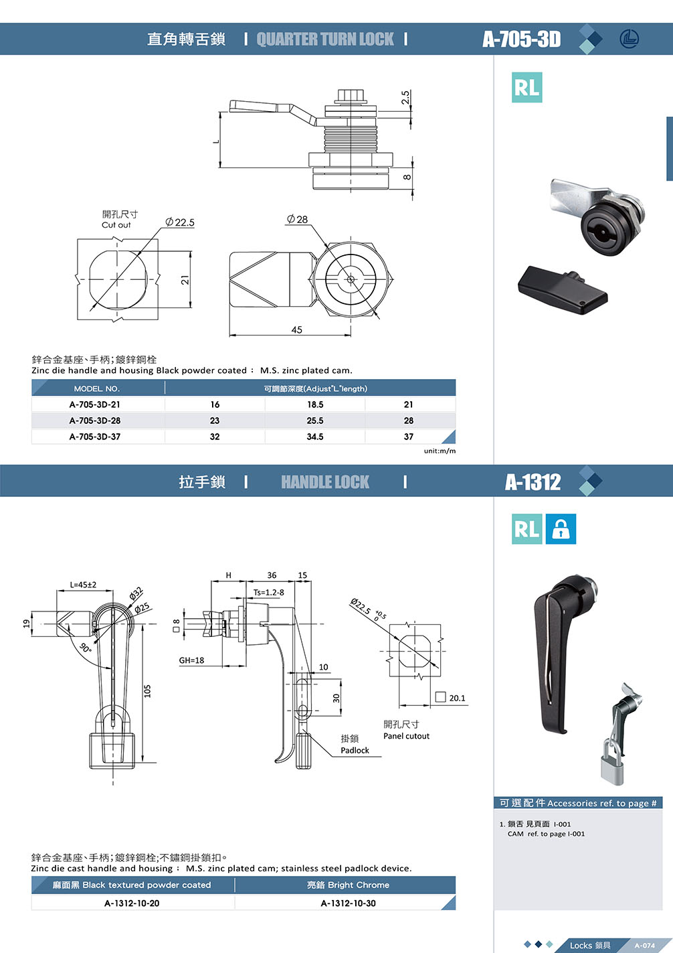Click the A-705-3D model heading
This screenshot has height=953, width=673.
tap(521, 39)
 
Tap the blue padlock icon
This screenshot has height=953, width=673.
tap(561, 529)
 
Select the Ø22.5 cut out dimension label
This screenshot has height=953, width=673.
tap(180, 222)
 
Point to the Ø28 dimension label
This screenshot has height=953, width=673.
tap(297, 219)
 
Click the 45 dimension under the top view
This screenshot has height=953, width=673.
tap(296, 329)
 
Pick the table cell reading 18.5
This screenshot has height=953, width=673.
tap(315, 405)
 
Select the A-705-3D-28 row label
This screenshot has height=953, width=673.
tap(95, 421)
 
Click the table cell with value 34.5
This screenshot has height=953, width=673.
tap(315, 437)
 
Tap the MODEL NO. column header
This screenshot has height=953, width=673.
tap(97, 388)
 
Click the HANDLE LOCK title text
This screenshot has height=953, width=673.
tap(325, 482)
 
